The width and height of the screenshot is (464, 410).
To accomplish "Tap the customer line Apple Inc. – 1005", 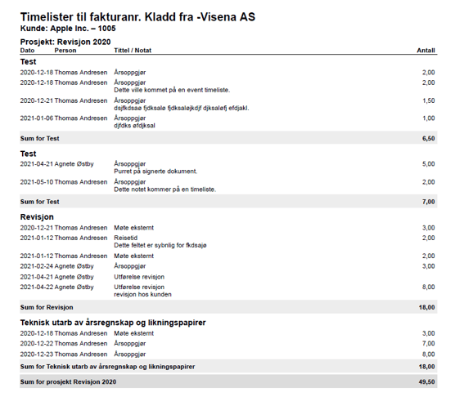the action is (68, 28).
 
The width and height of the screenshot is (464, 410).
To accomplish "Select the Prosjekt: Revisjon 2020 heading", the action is (65, 41).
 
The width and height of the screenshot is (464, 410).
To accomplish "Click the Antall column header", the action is (426, 50).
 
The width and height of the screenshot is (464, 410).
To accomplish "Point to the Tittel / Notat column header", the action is (133, 50).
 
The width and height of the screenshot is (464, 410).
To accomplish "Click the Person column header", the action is (65, 50).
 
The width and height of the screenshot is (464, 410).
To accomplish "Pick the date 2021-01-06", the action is (36, 118).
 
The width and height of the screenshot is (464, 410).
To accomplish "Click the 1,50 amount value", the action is (428, 100).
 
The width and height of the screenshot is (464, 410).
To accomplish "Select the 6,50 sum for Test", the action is (428, 139).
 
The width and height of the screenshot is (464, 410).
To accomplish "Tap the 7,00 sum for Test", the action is (428, 202).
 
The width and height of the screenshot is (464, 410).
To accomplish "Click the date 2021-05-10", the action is (36, 181).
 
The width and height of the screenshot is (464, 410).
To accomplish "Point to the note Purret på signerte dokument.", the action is (155, 172).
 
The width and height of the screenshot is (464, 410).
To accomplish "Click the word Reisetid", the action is (126, 238).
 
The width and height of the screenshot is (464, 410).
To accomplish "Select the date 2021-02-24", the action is (36, 265).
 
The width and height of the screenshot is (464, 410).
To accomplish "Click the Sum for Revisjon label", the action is (47, 307).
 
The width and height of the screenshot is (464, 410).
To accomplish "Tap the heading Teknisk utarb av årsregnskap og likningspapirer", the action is (112, 322).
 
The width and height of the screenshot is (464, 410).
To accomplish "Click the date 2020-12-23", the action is (36, 354).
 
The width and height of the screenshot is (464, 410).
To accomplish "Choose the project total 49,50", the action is (426, 382).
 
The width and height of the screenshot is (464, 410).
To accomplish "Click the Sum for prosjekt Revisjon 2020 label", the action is (69, 382).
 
